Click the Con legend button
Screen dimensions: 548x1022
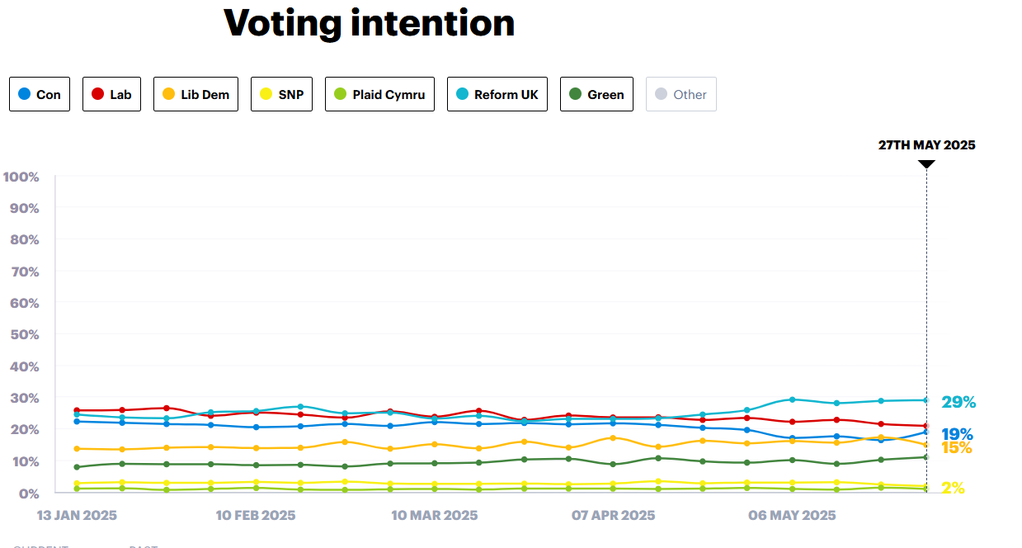pyautogui.click(x=40, y=94)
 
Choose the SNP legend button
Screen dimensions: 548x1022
pyautogui.click(x=281, y=94)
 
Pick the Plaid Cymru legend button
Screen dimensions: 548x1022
pyautogui.click(x=379, y=94)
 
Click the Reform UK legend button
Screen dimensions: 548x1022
pyautogui.click(x=497, y=94)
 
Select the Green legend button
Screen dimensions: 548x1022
pyautogui.click(x=596, y=94)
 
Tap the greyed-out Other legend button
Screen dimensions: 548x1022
pyautogui.click(x=681, y=94)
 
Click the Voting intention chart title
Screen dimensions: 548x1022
pyautogui.click(x=369, y=23)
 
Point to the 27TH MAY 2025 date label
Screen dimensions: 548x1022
pyautogui.click(x=926, y=145)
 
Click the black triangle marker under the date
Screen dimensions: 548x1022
pyautogui.click(x=926, y=163)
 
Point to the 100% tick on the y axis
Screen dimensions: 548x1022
pyautogui.click(x=21, y=177)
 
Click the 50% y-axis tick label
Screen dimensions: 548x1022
pyautogui.click(x=25, y=335)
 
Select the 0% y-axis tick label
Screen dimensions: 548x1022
pyautogui.click(x=28, y=494)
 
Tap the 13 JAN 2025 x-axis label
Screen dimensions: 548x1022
pyautogui.click(x=77, y=516)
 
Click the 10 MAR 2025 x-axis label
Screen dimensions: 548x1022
pyautogui.click(x=434, y=516)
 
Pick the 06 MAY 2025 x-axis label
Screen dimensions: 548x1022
pyautogui.click(x=792, y=516)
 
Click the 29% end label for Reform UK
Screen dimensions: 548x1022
pyautogui.click(x=958, y=403)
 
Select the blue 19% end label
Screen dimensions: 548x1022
pyautogui.click(x=957, y=434)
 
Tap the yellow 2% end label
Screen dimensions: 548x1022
pyautogui.click(x=953, y=488)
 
